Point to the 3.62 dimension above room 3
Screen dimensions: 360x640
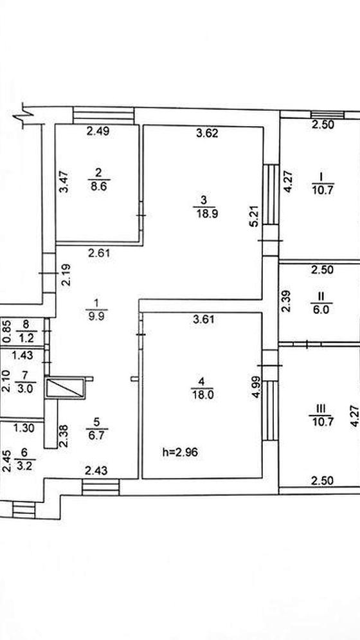207,133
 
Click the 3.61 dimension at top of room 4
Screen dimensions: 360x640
203,319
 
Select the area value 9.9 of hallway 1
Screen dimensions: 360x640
96,316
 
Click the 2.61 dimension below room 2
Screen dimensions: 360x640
99,253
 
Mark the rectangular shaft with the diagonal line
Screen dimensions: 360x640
66,388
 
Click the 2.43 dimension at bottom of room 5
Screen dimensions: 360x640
96,471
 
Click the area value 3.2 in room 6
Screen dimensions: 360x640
24,464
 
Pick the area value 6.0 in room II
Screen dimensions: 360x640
321,310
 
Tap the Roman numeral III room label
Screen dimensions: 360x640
321,408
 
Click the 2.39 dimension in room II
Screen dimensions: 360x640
287,301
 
